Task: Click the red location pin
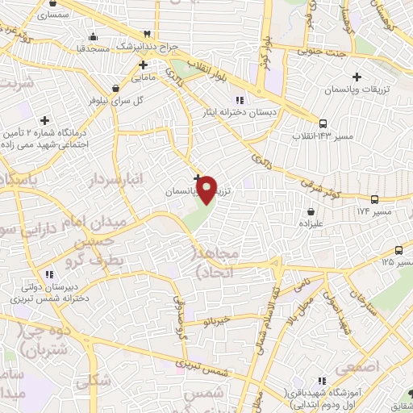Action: tap(208, 190)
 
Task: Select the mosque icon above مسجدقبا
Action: tap(95, 35)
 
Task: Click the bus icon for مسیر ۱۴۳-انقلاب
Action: tap(323, 123)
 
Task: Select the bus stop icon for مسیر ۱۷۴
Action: tap(374, 199)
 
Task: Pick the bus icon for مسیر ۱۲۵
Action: tap(398, 250)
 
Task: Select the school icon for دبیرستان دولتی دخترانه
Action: tap(48, 272)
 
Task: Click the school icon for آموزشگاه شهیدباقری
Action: tap(322, 381)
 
